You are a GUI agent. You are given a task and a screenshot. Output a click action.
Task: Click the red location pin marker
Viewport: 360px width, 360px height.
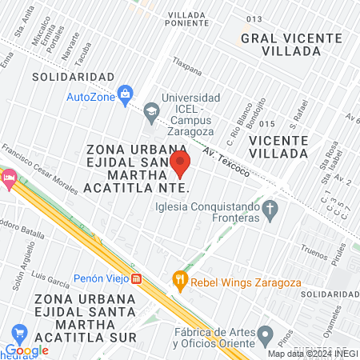[x=180, y=164]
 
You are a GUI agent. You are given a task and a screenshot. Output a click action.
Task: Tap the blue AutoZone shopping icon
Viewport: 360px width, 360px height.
[x=125, y=96]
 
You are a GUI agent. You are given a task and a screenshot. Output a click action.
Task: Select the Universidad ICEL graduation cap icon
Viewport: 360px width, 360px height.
[x=151, y=113]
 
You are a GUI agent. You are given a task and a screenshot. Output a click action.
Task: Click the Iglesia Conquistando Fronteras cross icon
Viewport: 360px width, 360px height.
[x=270, y=211]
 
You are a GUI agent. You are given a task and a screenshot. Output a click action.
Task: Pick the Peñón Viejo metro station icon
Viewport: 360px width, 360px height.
[x=138, y=279]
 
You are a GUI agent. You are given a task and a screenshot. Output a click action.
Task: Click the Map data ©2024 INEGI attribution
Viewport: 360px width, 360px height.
[x=311, y=354]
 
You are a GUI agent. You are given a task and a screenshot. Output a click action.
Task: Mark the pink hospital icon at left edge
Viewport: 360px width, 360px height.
[x=8, y=178]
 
